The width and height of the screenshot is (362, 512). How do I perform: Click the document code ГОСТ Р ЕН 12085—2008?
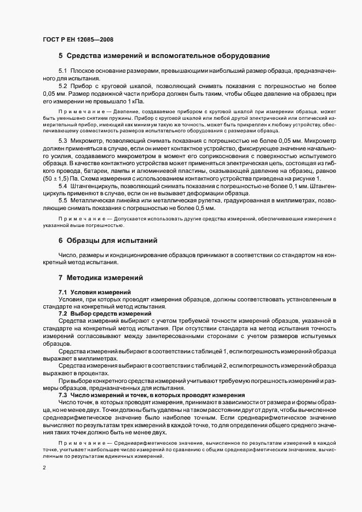[78, 39]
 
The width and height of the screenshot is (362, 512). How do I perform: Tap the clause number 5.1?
[62, 72]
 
